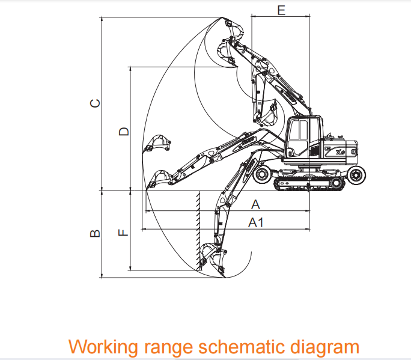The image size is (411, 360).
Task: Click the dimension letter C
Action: pos(94,103)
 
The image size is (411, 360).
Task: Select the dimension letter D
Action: pos(124,131)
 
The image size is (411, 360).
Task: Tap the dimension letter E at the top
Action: pos(281,10)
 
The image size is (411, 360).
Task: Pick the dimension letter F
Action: pos(124,232)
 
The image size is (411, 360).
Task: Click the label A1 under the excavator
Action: pos(257,222)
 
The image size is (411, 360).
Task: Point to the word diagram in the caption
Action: pos(327,347)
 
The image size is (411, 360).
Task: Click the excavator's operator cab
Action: pos(303,138)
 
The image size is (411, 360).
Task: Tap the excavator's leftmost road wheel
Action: pos(263,175)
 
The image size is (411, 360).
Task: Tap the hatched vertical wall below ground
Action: pos(198,228)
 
